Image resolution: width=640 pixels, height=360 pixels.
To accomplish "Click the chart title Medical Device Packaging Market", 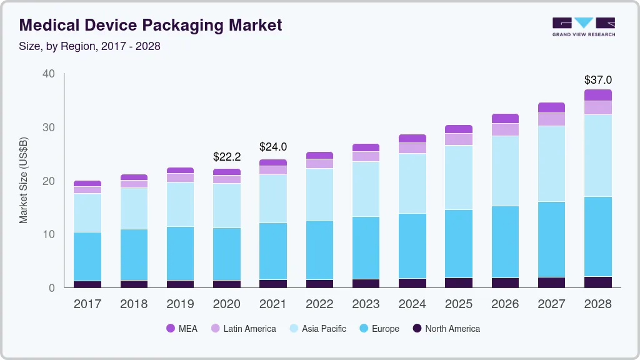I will (151, 25).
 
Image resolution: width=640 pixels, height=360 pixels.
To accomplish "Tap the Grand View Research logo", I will (583, 26).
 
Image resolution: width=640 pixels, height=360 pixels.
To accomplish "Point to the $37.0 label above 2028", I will (597, 80).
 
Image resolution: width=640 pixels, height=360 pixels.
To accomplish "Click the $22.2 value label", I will (227, 156).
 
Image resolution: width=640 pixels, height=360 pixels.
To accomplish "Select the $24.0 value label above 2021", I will (273, 147).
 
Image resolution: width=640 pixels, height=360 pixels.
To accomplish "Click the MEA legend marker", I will (171, 328).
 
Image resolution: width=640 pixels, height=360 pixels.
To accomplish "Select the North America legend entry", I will (445, 328).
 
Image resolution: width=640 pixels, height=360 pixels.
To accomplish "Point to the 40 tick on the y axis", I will (49, 74).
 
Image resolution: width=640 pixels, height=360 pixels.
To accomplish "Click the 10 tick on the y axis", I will (49, 234).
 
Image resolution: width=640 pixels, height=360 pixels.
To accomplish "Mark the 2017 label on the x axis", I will (87, 304).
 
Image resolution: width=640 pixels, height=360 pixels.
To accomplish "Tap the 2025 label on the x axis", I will (458, 304).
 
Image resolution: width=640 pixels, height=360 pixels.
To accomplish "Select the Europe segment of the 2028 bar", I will (598, 236).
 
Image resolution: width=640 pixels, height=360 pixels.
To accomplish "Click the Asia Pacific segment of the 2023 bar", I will (366, 189).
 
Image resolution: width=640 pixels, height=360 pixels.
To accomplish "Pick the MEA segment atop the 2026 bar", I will (505, 118).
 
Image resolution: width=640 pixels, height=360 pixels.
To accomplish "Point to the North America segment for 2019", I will (180, 284).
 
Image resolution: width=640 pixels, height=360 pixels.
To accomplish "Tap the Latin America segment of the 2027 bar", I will (551, 119).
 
